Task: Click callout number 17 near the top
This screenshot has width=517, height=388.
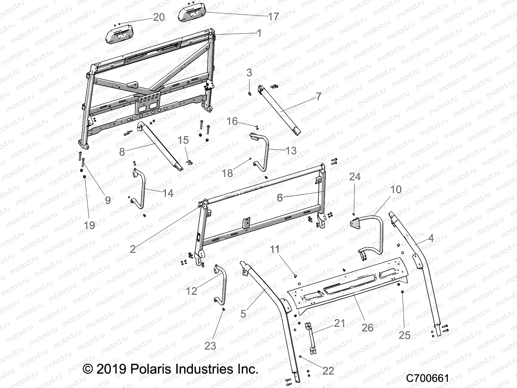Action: (x=273, y=17)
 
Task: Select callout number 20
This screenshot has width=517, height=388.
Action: (x=159, y=17)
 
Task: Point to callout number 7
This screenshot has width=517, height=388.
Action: (x=318, y=96)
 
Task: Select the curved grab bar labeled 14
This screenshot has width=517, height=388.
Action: (x=140, y=189)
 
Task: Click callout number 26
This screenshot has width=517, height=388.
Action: (x=367, y=327)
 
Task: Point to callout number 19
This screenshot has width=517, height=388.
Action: (x=90, y=225)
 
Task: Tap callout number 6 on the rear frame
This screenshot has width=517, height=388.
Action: (x=280, y=197)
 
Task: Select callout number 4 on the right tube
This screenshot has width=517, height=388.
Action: (x=431, y=238)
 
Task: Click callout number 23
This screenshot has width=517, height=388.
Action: (x=210, y=346)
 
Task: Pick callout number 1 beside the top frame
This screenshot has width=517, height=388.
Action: (x=258, y=33)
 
